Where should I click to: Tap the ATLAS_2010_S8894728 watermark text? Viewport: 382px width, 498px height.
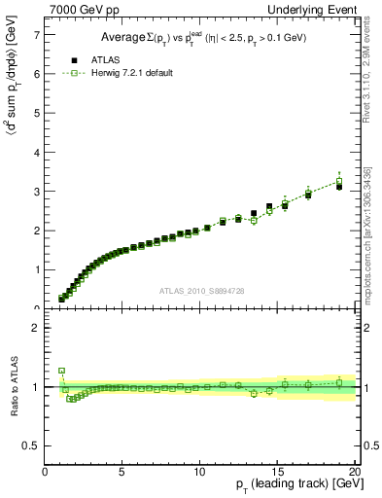click(201, 291)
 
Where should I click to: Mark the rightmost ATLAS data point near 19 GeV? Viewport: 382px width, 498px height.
click(338, 186)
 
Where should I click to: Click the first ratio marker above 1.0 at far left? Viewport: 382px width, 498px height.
click(62, 371)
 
